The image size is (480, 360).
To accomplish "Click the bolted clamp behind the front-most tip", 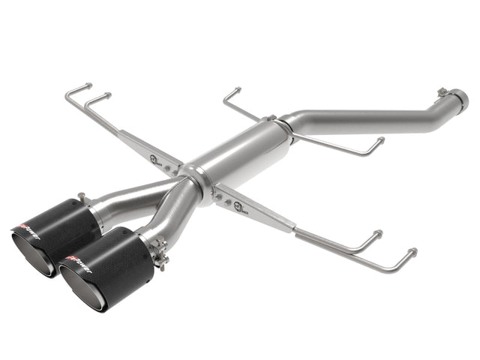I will [160, 251].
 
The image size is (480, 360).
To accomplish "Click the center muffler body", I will [240, 154].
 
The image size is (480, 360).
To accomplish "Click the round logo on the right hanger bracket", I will [238, 200].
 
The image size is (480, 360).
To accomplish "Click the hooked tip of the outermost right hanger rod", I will [412, 250].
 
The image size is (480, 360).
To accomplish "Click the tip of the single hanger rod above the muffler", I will [236, 90].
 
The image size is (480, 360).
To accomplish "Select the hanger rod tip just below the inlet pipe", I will [380, 139].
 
